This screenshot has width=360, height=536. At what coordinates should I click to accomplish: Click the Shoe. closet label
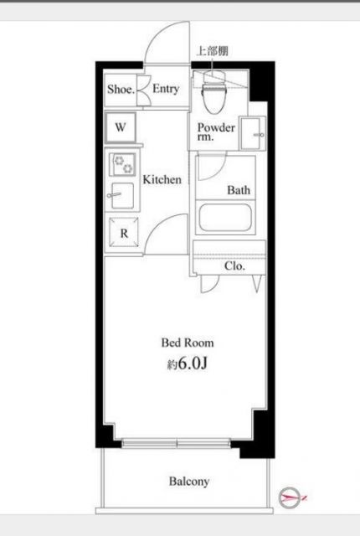121,90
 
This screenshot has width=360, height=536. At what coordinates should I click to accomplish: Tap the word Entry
166,90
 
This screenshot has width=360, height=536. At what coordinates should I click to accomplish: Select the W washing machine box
121,128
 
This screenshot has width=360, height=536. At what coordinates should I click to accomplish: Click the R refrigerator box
123,234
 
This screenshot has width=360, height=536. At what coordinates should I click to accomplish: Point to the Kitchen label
161,179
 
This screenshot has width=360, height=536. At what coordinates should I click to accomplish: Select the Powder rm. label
215,132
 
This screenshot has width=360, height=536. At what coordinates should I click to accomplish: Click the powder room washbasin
251,132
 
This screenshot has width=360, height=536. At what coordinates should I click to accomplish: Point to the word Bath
239,190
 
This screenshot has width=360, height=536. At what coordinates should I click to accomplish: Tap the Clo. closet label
234,266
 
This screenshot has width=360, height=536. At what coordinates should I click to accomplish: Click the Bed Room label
188,343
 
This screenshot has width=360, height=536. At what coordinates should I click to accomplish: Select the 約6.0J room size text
188,365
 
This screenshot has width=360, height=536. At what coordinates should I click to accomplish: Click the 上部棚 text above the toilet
211,50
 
